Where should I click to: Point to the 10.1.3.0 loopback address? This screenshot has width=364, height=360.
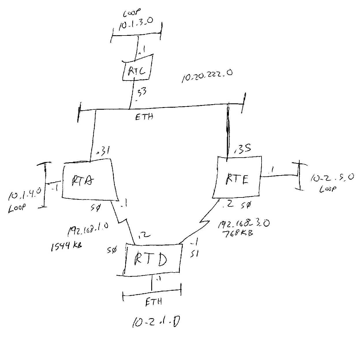(136, 24)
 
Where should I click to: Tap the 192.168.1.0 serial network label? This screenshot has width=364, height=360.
(88, 230)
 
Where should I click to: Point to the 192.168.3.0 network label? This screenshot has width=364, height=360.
(244, 223)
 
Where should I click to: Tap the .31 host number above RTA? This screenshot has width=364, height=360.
(103, 152)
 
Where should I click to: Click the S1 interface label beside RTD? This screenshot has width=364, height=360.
(194, 254)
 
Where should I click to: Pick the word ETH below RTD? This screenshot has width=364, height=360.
(154, 302)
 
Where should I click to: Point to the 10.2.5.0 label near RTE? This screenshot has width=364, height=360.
(332, 177)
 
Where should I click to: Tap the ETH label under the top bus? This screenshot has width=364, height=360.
(144, 117)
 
